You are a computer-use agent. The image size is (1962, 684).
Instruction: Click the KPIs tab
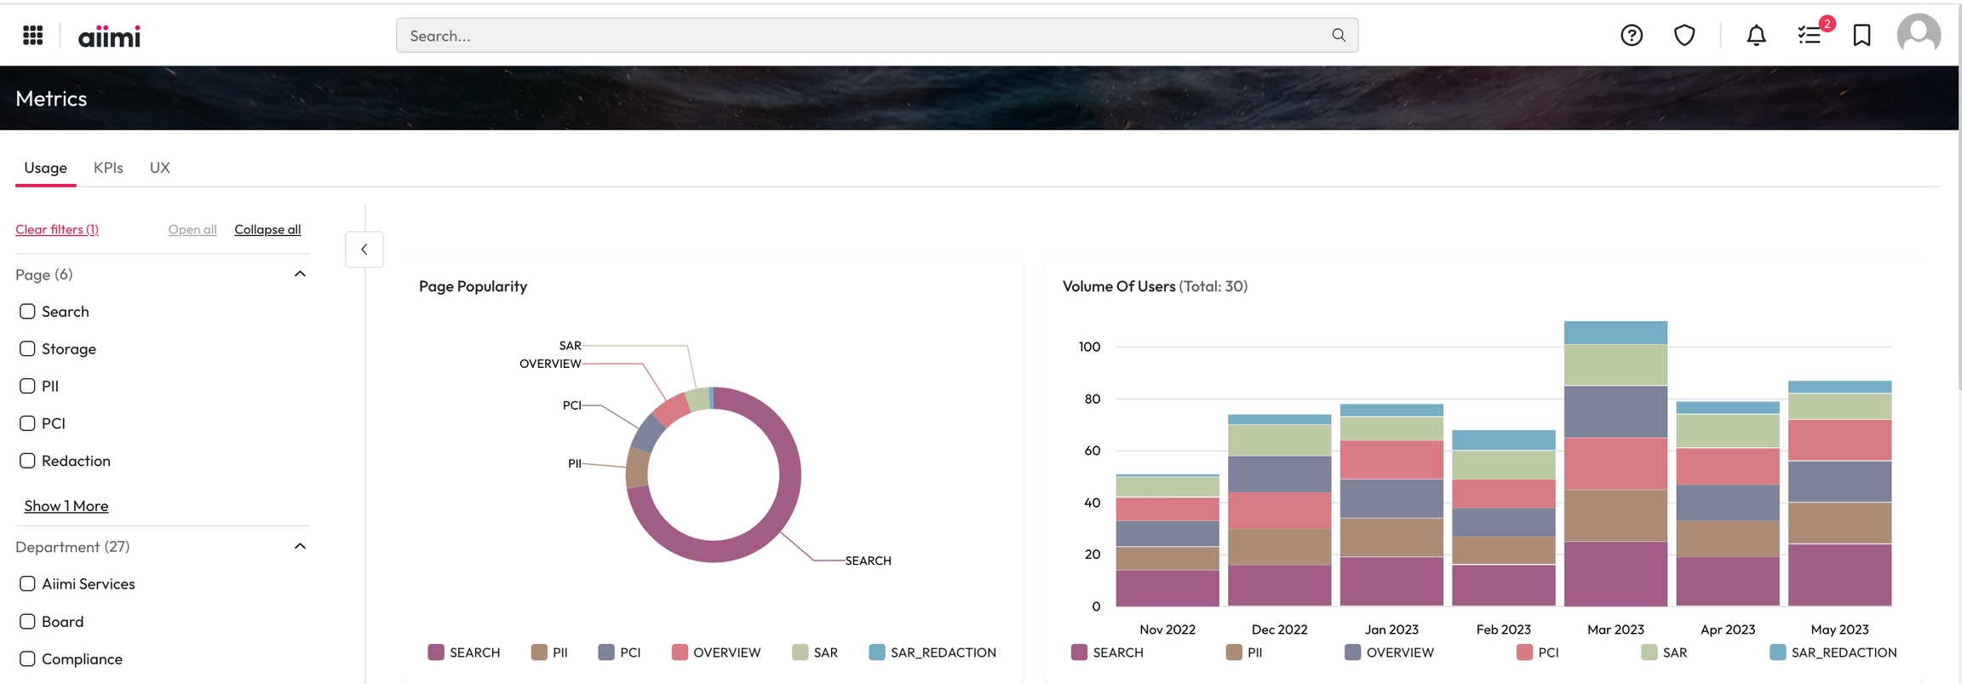(x=108, y=168)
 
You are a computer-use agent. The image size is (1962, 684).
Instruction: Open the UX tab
(x=160, y=168)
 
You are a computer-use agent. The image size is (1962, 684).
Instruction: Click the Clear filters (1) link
(x=57, y=229)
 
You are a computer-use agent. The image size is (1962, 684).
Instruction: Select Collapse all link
(x=267, y=229)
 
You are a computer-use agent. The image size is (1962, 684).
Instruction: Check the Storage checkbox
(x=27, y=348)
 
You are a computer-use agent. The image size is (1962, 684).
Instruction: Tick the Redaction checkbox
(x=27, y=461)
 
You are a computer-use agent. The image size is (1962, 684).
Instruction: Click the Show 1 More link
(x=66, y=506)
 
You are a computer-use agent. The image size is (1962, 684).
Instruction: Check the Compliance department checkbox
(x=27, y=658)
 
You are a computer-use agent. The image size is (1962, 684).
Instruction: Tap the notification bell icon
(x=1756, y=35)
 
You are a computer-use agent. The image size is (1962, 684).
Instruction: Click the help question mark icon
(x=1632, y=35)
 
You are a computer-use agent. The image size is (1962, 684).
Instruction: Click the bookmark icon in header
(x=1862, y=35)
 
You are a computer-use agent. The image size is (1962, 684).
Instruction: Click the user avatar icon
(x=1919, y=35)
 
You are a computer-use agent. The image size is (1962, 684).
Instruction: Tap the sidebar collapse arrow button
(x=364, y=250)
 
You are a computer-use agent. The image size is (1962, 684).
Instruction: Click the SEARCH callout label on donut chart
(x=868, y=560)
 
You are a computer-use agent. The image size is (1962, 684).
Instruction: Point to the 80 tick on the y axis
(x=1092, y=399)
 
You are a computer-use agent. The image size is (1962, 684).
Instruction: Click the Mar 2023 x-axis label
(x=1615, y=629)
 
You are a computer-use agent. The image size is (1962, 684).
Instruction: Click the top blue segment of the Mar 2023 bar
(x=1615, y=332)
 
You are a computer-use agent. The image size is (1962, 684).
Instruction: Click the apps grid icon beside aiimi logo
(x=33, y=35)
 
